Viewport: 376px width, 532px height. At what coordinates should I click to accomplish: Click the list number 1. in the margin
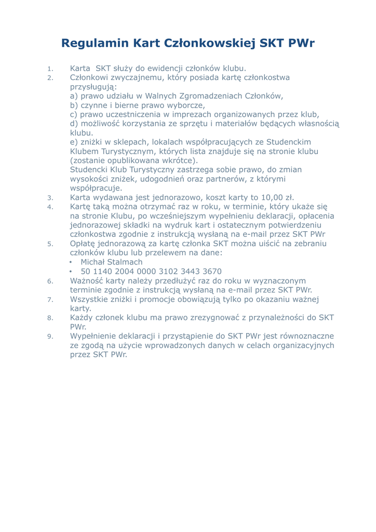(x=50, y=69)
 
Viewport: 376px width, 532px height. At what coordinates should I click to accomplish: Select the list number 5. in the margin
(x=50, y=244)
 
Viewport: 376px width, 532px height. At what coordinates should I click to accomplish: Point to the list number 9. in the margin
(x=50, y=336)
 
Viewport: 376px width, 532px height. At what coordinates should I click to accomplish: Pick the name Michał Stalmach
(x=111, y=262)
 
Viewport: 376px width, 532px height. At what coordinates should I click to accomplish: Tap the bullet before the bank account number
(x=71, y=272)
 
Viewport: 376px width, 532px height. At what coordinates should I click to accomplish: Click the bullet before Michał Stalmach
(x=71, y=262)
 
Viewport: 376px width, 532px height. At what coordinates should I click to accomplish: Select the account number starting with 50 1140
(x=151, y=271)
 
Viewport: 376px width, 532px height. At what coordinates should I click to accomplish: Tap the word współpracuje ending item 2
(x=96, y=188)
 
